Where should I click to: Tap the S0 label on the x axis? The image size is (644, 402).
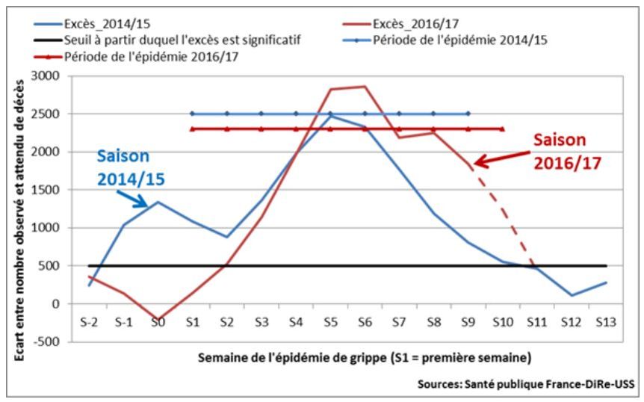pos(158,322)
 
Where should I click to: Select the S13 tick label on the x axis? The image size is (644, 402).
pos(605,322)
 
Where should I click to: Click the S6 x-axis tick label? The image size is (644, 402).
pos(364,322)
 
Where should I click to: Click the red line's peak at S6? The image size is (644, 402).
pos(364,87)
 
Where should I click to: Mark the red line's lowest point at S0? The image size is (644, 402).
pos(158,320)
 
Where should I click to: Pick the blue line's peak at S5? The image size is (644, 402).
pos(329,116)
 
